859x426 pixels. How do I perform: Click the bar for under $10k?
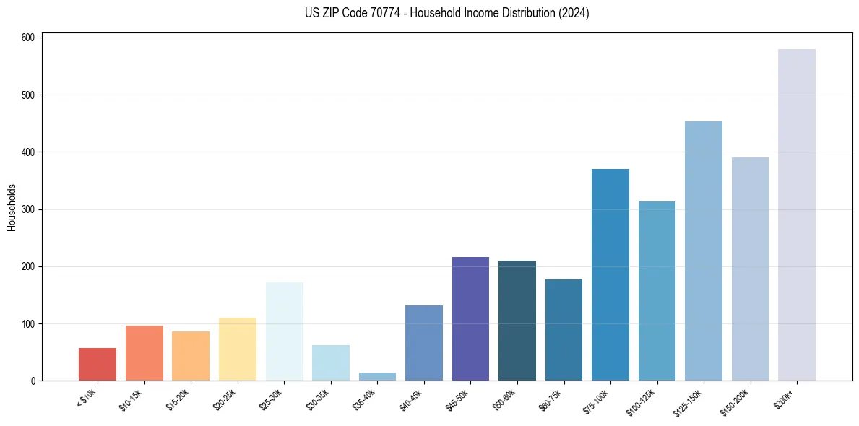pos(98,365)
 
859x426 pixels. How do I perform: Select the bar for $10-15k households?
pos(144,353)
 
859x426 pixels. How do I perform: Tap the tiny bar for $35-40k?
pos(377,377)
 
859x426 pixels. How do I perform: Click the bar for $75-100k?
pos(610,275)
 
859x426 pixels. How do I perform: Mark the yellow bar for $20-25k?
pos(238,349)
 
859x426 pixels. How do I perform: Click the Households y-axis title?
pos(12,207)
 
